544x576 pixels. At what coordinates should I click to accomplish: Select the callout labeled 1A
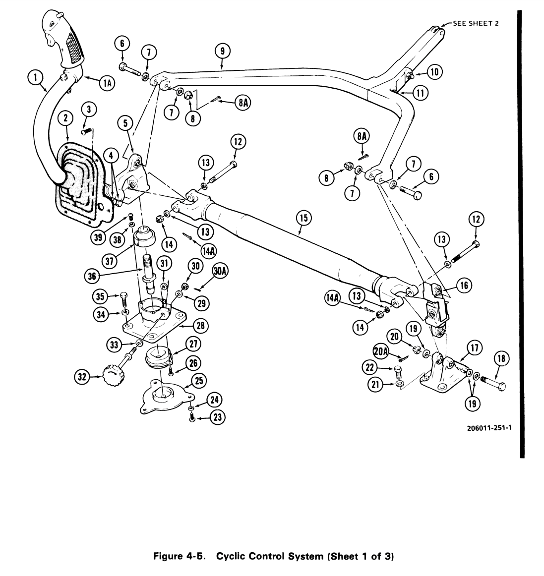(x=107, y=84)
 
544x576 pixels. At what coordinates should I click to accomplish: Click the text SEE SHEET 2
(x=476, y=23)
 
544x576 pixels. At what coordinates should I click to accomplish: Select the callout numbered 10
(x=434, y=72)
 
